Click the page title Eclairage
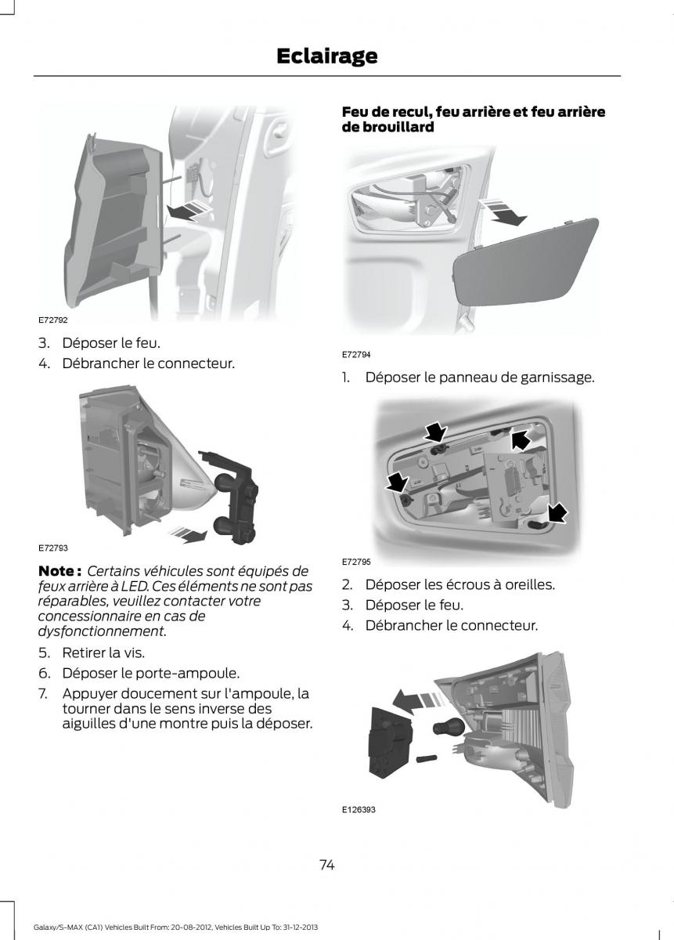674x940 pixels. tap(326, 56)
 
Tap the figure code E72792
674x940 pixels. tap(53, 320)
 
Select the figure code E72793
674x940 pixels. tap(53, 548)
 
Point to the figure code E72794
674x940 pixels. tap(356, 355)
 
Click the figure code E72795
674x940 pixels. tap(356, 562)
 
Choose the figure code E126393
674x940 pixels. tap(359, 810)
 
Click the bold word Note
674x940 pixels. tap(56, 571)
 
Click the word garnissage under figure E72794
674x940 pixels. tap(557, 378)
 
